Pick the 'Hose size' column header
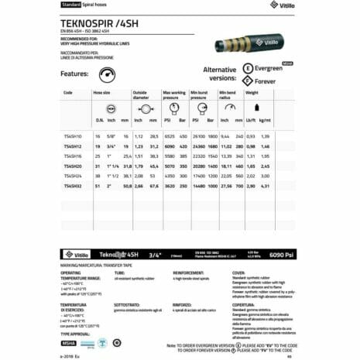coord(102,92)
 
